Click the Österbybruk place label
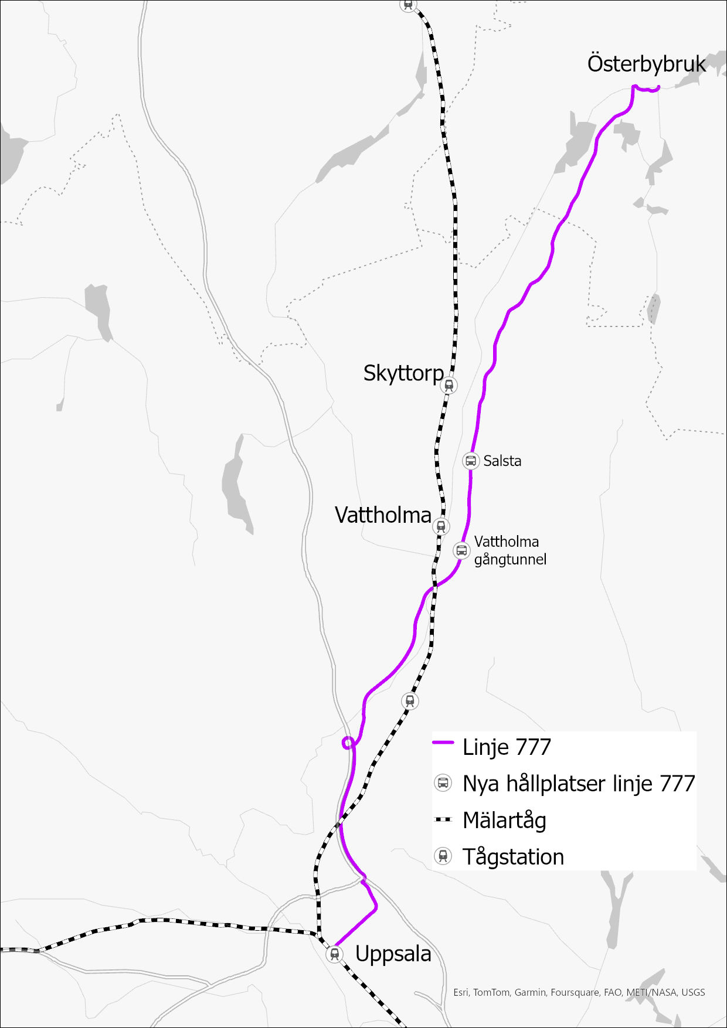[646, 64]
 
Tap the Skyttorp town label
[403, 373]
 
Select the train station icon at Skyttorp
[449, 385]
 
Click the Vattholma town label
[383, 515]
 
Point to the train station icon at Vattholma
[441, 526]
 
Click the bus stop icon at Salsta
[471, 461]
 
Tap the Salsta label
[502, 461]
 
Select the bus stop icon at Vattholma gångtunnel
[461, 550]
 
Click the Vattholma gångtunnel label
[509, 550]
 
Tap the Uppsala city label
[393, 954]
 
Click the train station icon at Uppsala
[334, 954]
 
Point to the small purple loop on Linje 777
[348, 743]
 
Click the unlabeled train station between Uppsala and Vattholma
[410, 700]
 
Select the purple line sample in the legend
[443, 743]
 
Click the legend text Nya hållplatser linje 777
[578, 784]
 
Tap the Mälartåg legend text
[504, 820]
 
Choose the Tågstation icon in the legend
[443, 856]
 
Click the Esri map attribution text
[579, 992]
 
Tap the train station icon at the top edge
[409, 4]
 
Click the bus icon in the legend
[443, 783]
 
